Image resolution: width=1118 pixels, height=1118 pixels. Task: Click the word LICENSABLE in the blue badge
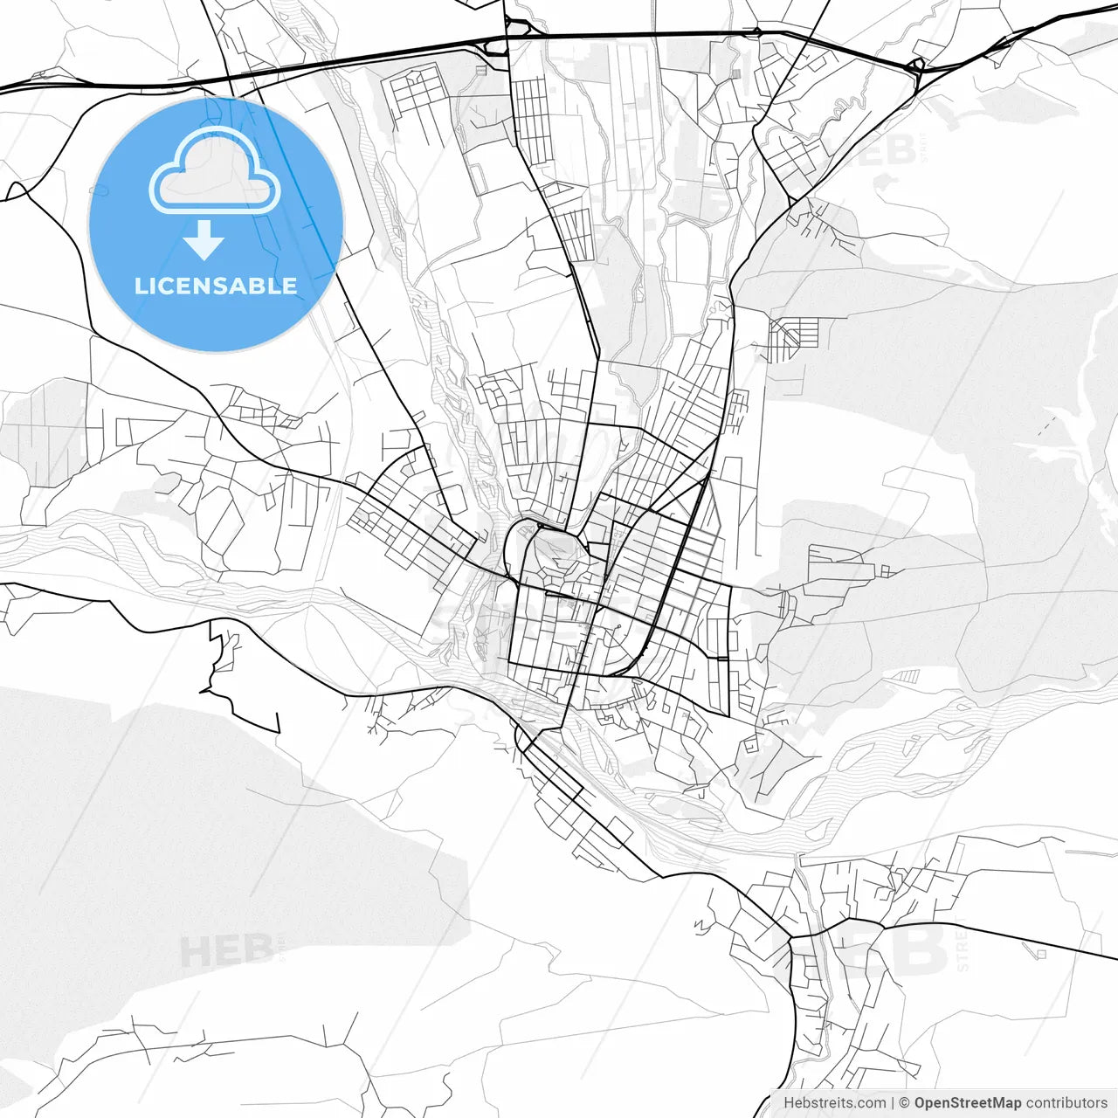pos(216,286)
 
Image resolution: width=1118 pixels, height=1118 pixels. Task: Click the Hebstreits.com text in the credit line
pos(833,1103)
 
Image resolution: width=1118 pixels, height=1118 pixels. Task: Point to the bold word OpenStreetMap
pos(967,1103)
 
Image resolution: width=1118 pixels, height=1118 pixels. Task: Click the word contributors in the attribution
pos(1066,1103)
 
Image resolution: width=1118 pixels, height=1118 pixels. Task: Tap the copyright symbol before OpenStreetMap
pos(904,1103)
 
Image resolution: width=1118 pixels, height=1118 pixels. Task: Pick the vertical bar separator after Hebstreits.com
pos(892,1103)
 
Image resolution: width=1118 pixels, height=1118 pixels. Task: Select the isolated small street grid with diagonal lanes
pos(793,336)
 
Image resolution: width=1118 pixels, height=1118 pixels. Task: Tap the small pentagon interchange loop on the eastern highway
pos(916,66)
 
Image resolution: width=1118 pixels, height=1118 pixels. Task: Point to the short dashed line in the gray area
pos(1046,426)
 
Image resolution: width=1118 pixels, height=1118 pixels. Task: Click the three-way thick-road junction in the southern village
pos(790,938)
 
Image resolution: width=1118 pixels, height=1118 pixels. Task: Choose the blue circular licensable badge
pos(216,224)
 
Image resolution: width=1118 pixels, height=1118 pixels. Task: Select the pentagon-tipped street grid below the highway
pos(418,92)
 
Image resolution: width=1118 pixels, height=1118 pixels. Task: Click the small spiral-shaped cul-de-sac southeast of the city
pos(749,744)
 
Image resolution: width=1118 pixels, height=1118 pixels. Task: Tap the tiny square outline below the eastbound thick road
pos(1041,954)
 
